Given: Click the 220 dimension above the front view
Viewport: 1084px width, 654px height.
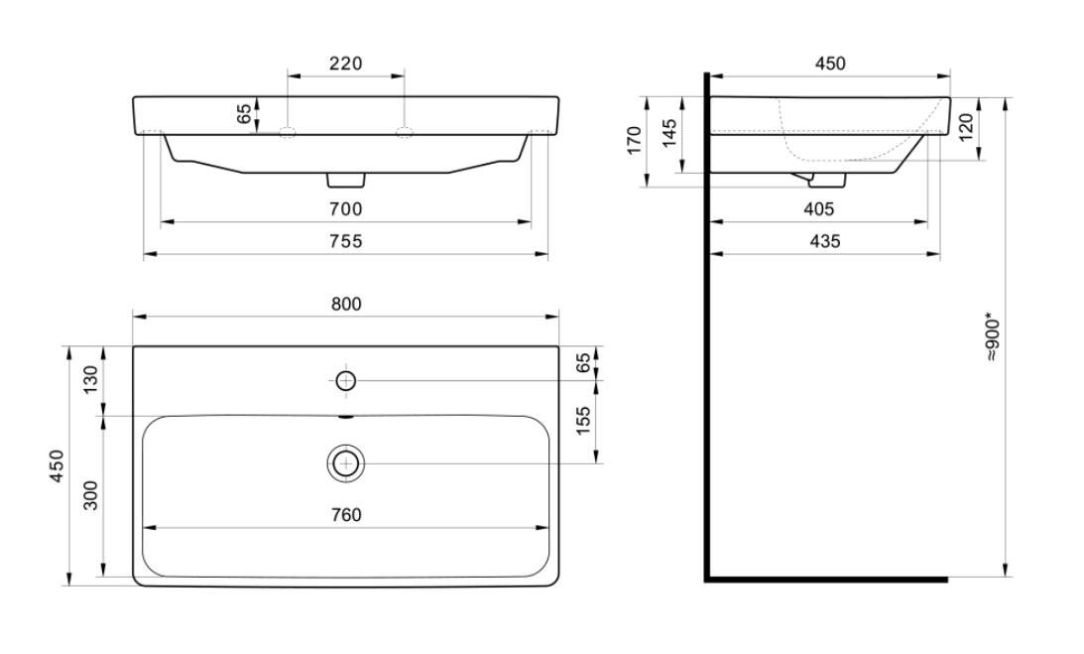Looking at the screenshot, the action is [346, 64].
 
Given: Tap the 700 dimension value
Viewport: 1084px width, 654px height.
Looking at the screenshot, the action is [346, 209].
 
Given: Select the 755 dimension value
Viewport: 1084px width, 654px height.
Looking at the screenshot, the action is [346, 241].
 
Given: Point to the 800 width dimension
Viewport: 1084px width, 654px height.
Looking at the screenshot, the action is [346, 305].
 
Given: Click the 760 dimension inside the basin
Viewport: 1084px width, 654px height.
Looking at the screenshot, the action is [346, 516].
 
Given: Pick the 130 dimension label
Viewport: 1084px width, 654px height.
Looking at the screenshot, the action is [91, 380].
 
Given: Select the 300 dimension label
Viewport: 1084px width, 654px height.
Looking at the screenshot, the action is [91, 495].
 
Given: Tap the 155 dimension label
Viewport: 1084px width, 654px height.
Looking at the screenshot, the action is [583, 421].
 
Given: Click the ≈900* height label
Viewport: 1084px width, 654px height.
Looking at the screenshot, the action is [993, 339].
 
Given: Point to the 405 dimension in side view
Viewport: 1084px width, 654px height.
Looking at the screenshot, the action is [819, 209].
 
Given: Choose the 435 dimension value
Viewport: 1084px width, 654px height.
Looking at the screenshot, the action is [825, 241].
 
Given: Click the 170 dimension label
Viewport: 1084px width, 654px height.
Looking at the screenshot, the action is [635, 141].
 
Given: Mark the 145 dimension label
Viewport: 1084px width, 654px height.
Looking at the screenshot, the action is [668, 134].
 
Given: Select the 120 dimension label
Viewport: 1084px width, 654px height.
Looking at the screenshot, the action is [966, 127].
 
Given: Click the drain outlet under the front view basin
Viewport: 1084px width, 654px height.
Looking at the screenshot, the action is [346, 180].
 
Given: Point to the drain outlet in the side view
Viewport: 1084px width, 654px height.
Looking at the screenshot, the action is [827, 181].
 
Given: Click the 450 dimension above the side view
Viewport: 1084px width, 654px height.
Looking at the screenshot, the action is [830, 64].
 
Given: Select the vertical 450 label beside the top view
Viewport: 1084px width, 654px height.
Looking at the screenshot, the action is [58, 465].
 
